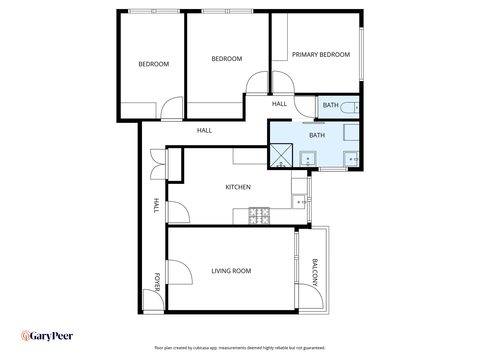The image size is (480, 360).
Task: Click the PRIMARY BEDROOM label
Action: pyautogui.click(x=321, y=55)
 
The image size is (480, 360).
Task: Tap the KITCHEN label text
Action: pyautogui.click(x=238, y=187)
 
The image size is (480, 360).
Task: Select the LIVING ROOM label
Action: pyautogui.click(x=231, y=271)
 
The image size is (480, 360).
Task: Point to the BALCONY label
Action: pyautogui.click(x=315, y=273)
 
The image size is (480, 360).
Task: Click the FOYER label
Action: pyautogui.click(x=157, y=282)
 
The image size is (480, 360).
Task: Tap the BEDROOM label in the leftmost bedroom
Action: pyautogui.click(x=153, y=64)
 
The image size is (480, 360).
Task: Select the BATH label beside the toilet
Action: pyautogui.click(x=330, y=105)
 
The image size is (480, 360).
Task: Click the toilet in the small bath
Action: pyautogui.click(x=349, y=108)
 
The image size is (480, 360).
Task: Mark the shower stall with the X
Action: pyautogui.click(x=281, y=155)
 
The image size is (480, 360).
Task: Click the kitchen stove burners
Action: pyautogui.click(x=259, y=216)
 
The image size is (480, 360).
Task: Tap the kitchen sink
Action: pyautogui.click(x=299, y=202)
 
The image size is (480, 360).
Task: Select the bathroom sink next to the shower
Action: pyautogui.click(x=308, y=159)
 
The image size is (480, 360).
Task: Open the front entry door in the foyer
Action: pyautogui.click(x=153, y=301)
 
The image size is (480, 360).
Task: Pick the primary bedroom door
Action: pyautogui.click(x=283, y=83)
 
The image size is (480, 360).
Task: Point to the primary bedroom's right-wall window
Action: pyautogui.click(x=361, y=54)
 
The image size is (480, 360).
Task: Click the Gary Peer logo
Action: pyautogui.click(x=47, y=336)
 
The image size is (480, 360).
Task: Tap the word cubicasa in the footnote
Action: pyautogui.click(x=201, y=348)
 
